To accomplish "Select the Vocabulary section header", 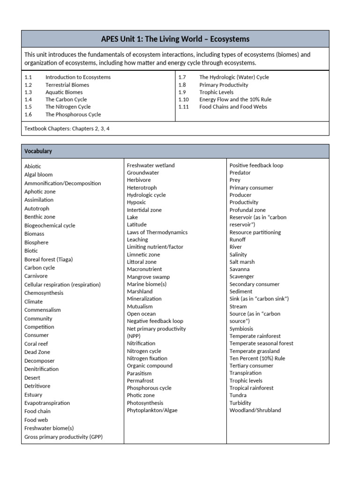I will point(38,151).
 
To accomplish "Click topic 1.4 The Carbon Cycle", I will point(66,99).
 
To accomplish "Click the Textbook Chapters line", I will point(67,128).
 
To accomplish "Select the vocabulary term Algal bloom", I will point(38,175).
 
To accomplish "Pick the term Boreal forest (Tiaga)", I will point(49,259).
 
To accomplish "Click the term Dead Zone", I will point(37,352).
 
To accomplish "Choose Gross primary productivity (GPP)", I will point(63,437).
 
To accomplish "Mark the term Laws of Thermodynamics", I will point(157,232).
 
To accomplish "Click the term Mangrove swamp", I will point(148,277).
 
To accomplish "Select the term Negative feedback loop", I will point(155,321).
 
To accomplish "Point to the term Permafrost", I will point(140,381).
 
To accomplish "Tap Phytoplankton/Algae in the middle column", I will point(152,410).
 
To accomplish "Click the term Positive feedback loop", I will point(256,165).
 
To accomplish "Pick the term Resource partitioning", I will point(255,232).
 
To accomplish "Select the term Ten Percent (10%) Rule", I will point(257,358).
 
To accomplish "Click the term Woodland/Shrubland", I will point(255,410).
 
